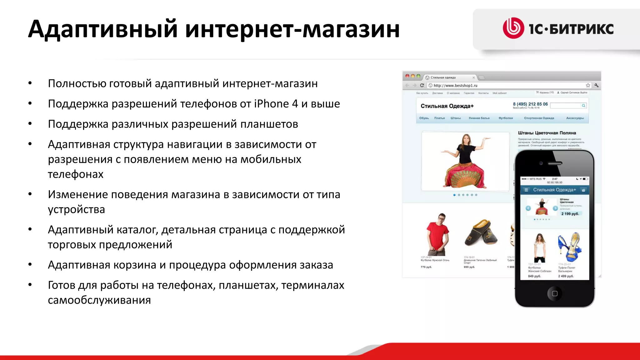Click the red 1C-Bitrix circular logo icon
[513, 28]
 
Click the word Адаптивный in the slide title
[103, 29]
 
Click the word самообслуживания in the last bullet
[99, 300]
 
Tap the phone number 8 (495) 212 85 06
[530, 104]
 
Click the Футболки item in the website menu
[505, 118]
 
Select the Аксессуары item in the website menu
[575, 118]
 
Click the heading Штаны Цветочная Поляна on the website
[547, 133]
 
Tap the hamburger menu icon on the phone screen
[526, 190]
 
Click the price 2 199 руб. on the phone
[570, 214]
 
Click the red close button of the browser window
[407, 76]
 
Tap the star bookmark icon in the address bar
[588, 85]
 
